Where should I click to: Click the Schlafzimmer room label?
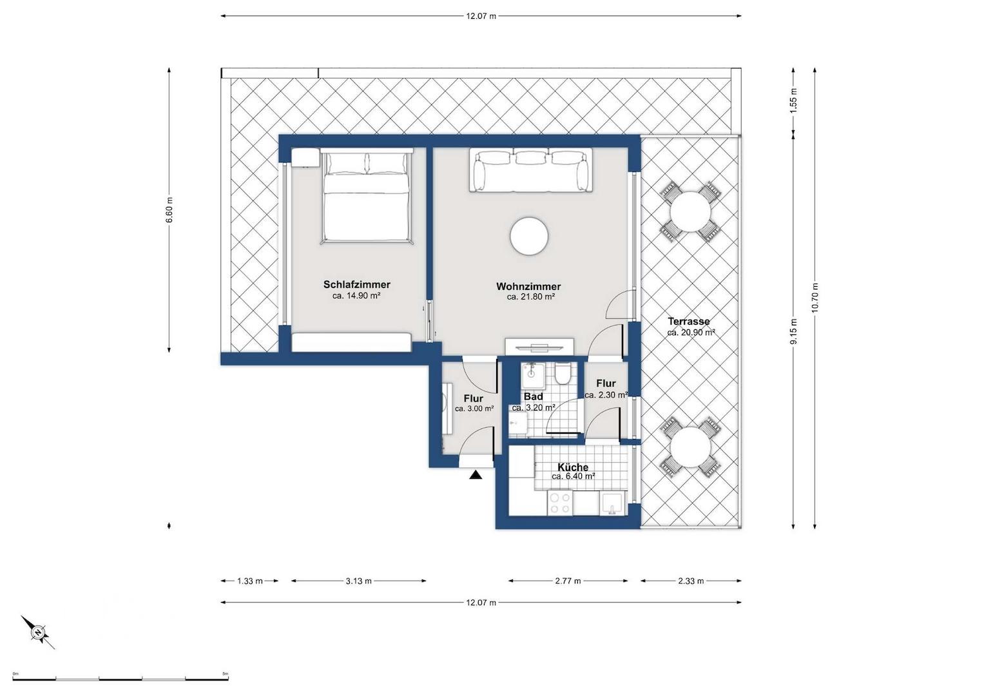356,284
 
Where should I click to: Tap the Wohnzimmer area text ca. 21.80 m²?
530,297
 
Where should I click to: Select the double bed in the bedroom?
366,197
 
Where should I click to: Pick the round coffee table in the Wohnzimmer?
529,237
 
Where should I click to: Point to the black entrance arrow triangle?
476,476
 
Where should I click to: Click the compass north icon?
39,632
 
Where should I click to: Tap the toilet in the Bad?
563,373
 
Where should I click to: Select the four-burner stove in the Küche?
559,503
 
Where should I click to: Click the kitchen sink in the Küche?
612,503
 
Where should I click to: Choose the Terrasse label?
688,321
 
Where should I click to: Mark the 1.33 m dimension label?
249,581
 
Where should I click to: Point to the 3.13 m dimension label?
358,581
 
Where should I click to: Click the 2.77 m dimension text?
568,581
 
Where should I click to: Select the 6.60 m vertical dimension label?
169,209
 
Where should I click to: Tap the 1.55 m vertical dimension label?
793,101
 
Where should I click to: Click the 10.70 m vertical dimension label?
815,298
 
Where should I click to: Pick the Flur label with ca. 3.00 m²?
474,399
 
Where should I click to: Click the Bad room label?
533,397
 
